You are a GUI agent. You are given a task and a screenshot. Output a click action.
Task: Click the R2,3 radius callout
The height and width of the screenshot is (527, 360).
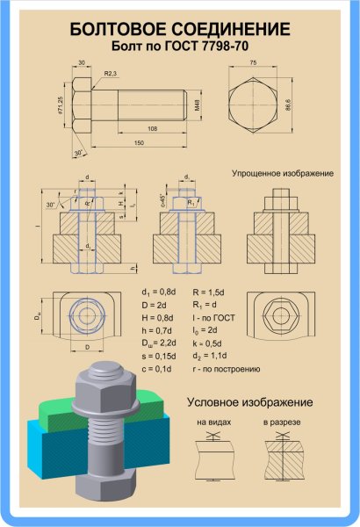point(111,75)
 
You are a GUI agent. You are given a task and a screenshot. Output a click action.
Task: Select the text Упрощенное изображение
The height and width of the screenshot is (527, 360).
point(282,173)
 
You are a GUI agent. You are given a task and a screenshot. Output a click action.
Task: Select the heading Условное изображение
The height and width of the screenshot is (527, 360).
point(249,402)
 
